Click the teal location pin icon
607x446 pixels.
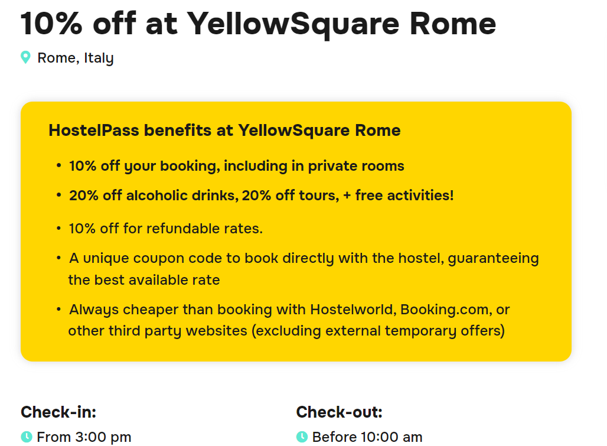click(x=25, y=57)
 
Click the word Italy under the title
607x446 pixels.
click(x=99, y=58)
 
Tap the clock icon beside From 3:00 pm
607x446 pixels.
click(x=27, y=437)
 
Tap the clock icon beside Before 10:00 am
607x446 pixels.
click(x=302, y=437)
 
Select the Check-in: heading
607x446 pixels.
click(x=58, y=412)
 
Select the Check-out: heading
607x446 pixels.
click(x=340, y=412)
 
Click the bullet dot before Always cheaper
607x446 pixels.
click(x=58, y=308)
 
